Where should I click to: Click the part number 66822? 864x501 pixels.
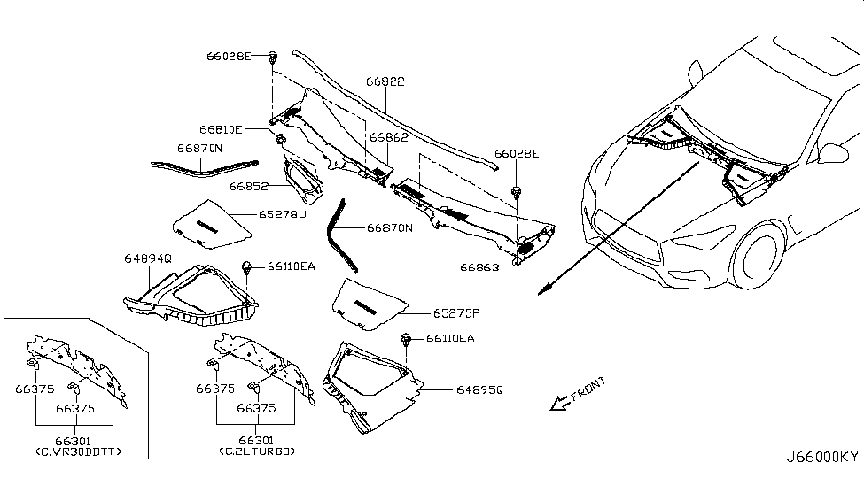(385, 81)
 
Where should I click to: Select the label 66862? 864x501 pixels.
(388, 138)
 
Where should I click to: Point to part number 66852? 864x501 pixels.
(249, 187)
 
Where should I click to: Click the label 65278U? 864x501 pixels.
(282, 214)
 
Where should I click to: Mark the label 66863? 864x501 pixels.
(479, 266)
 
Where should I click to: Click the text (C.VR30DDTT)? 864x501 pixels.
(79, 452)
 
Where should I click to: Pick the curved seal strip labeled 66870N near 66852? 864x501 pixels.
(204, 168)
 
